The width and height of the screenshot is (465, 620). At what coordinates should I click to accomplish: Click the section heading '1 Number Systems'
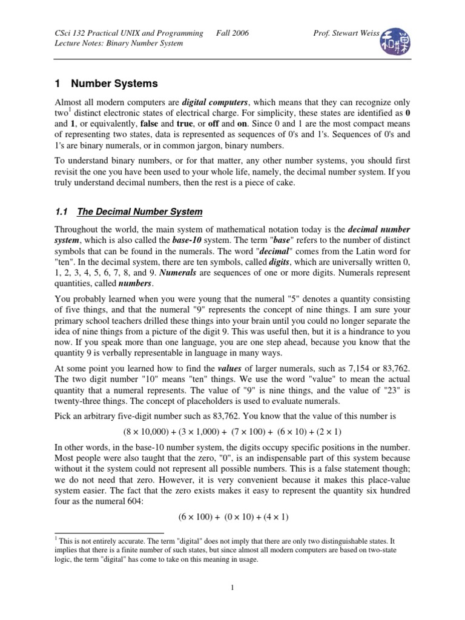[x=106, y=84]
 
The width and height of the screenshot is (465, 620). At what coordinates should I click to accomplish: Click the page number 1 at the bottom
[x=232, y=587]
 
